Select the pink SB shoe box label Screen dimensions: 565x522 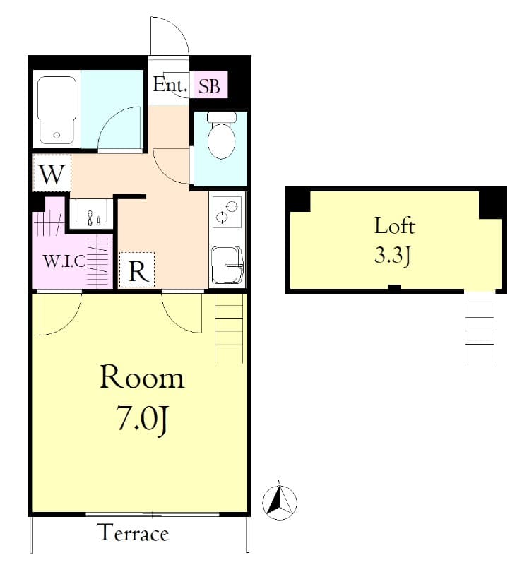pos(209,87)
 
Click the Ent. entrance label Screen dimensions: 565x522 pos(171,86)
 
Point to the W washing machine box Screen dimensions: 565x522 pos(52,174)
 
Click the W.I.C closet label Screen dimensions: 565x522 pos(64,261)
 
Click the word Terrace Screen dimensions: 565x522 pos(133,533)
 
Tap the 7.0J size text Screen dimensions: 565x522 pos(142,421)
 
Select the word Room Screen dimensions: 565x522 pos(142,378)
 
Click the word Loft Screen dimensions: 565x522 pos(394,227)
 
